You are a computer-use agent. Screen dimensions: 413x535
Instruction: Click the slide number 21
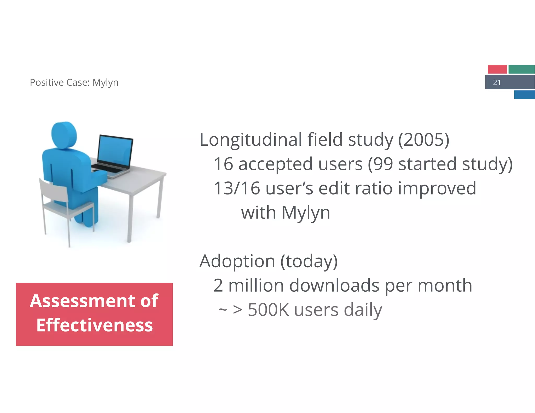pyautogui.click(x=497, y=82)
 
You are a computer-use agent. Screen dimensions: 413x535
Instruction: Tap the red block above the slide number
pyautogui.click(x=497, y=69)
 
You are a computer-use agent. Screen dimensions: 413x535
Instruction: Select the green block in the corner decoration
pyautogui.click(x=521, y=69)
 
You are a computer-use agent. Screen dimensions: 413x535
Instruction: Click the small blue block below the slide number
pyautogui.click(x=524, y=95)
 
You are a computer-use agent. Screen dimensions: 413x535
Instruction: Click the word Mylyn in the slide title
pyautogui.click(x=105, y=82)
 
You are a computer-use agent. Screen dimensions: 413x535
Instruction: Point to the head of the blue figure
pyautogui.click(x=64, y=135)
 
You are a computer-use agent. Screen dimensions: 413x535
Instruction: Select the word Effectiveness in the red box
pyautogui.click(x=94, y=325)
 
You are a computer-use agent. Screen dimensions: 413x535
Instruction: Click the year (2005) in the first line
pyautogui.click(x=423, y=140)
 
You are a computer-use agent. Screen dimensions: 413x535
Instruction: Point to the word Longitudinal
pyautogui.click(x=251, y=140)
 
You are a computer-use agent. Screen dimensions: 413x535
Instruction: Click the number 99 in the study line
pyautogui.click(x=383, y=164)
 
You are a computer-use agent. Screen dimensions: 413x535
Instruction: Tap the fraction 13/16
pyautogui.click(x=237, y=188)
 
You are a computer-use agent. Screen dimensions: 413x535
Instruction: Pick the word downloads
pyautogui.click(x=334, y=285)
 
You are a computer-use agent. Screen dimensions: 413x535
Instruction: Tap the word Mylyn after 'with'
pyautogui.click(x=306, y=213)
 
